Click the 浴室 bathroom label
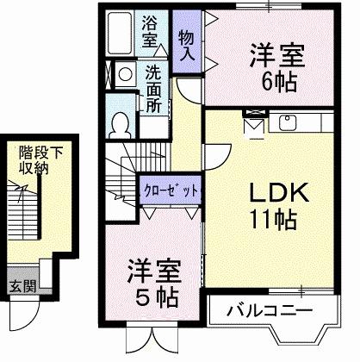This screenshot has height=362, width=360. [149, 33]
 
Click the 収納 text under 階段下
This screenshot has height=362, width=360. [36, 168]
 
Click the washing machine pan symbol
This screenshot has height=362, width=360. [125, 74]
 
